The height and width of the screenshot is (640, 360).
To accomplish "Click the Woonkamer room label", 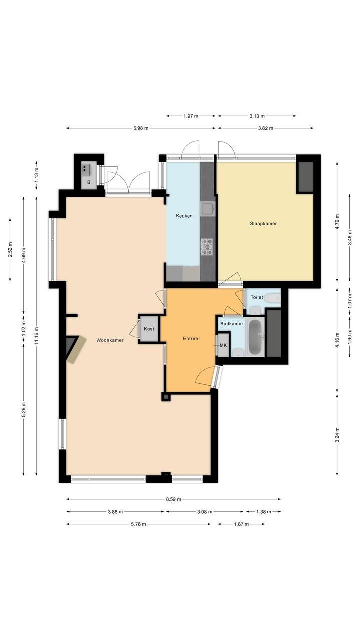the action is click(110, 340).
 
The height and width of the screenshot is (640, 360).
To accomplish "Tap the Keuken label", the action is click(184, 216).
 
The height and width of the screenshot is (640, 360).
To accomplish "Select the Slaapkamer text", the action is click(263, 224).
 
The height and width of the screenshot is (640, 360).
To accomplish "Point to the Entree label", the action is click(190, 339).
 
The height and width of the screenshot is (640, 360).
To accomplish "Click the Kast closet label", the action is click(149, 329).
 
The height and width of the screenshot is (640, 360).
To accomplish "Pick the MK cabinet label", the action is click(223, 345).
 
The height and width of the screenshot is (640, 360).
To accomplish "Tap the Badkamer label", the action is click(232, 324).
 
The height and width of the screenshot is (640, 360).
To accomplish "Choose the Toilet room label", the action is click(257, 297).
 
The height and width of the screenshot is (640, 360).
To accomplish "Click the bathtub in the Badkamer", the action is click(256, 337).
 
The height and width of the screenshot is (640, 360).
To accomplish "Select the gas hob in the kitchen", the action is click(207, 247).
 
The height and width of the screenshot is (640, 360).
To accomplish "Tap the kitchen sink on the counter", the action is click(207, 209).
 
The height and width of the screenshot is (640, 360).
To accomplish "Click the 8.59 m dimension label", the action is click(173, 499).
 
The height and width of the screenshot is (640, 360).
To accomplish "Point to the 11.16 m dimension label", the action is click(37, 336).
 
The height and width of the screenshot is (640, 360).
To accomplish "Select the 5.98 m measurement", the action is click(141, 128).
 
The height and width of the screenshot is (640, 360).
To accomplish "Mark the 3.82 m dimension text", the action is click(266, 128).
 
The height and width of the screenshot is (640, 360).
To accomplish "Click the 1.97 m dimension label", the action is click(191, 116).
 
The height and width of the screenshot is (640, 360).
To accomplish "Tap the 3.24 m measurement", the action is click(337, 435).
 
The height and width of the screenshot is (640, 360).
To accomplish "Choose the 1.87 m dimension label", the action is click(241, 524).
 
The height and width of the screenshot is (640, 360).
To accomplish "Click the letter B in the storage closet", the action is click(89, 182).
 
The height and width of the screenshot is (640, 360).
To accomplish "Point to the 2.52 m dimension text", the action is click(10, 249).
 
